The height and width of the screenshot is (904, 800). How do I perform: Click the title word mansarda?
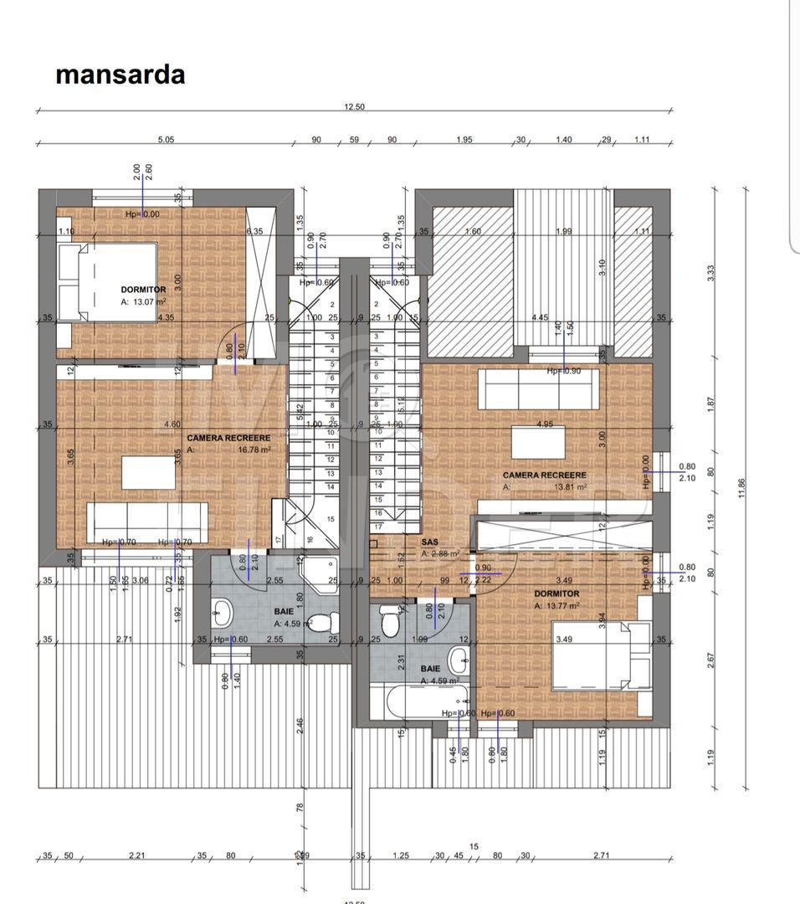(120, 74)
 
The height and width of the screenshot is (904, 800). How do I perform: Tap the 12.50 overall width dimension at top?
(355, 107)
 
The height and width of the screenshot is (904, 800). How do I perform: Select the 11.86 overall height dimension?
(741, 487)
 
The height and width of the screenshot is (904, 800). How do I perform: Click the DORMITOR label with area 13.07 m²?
(143, 290)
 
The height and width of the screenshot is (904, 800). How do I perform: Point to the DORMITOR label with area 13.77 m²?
(556, 593)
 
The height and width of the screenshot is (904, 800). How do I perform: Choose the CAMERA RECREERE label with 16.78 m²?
(228, 438)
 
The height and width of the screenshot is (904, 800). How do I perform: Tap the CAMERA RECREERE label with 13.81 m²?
(544, 475)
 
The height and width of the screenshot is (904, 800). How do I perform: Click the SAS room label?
(430, 542)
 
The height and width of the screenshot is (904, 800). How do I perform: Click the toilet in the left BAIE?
(331, 623)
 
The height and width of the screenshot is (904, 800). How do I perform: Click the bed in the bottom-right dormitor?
(602, 656)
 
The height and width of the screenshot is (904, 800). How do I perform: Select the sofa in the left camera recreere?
(147, 523)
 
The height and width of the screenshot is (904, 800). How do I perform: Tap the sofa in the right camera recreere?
(538, 388)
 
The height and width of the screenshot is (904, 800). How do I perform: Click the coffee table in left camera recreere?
(148, 472)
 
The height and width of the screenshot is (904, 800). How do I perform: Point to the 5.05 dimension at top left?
(165, 140)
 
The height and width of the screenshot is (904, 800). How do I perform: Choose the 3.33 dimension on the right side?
(710, 272)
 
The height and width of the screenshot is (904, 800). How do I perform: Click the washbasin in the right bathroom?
(458, 660)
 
